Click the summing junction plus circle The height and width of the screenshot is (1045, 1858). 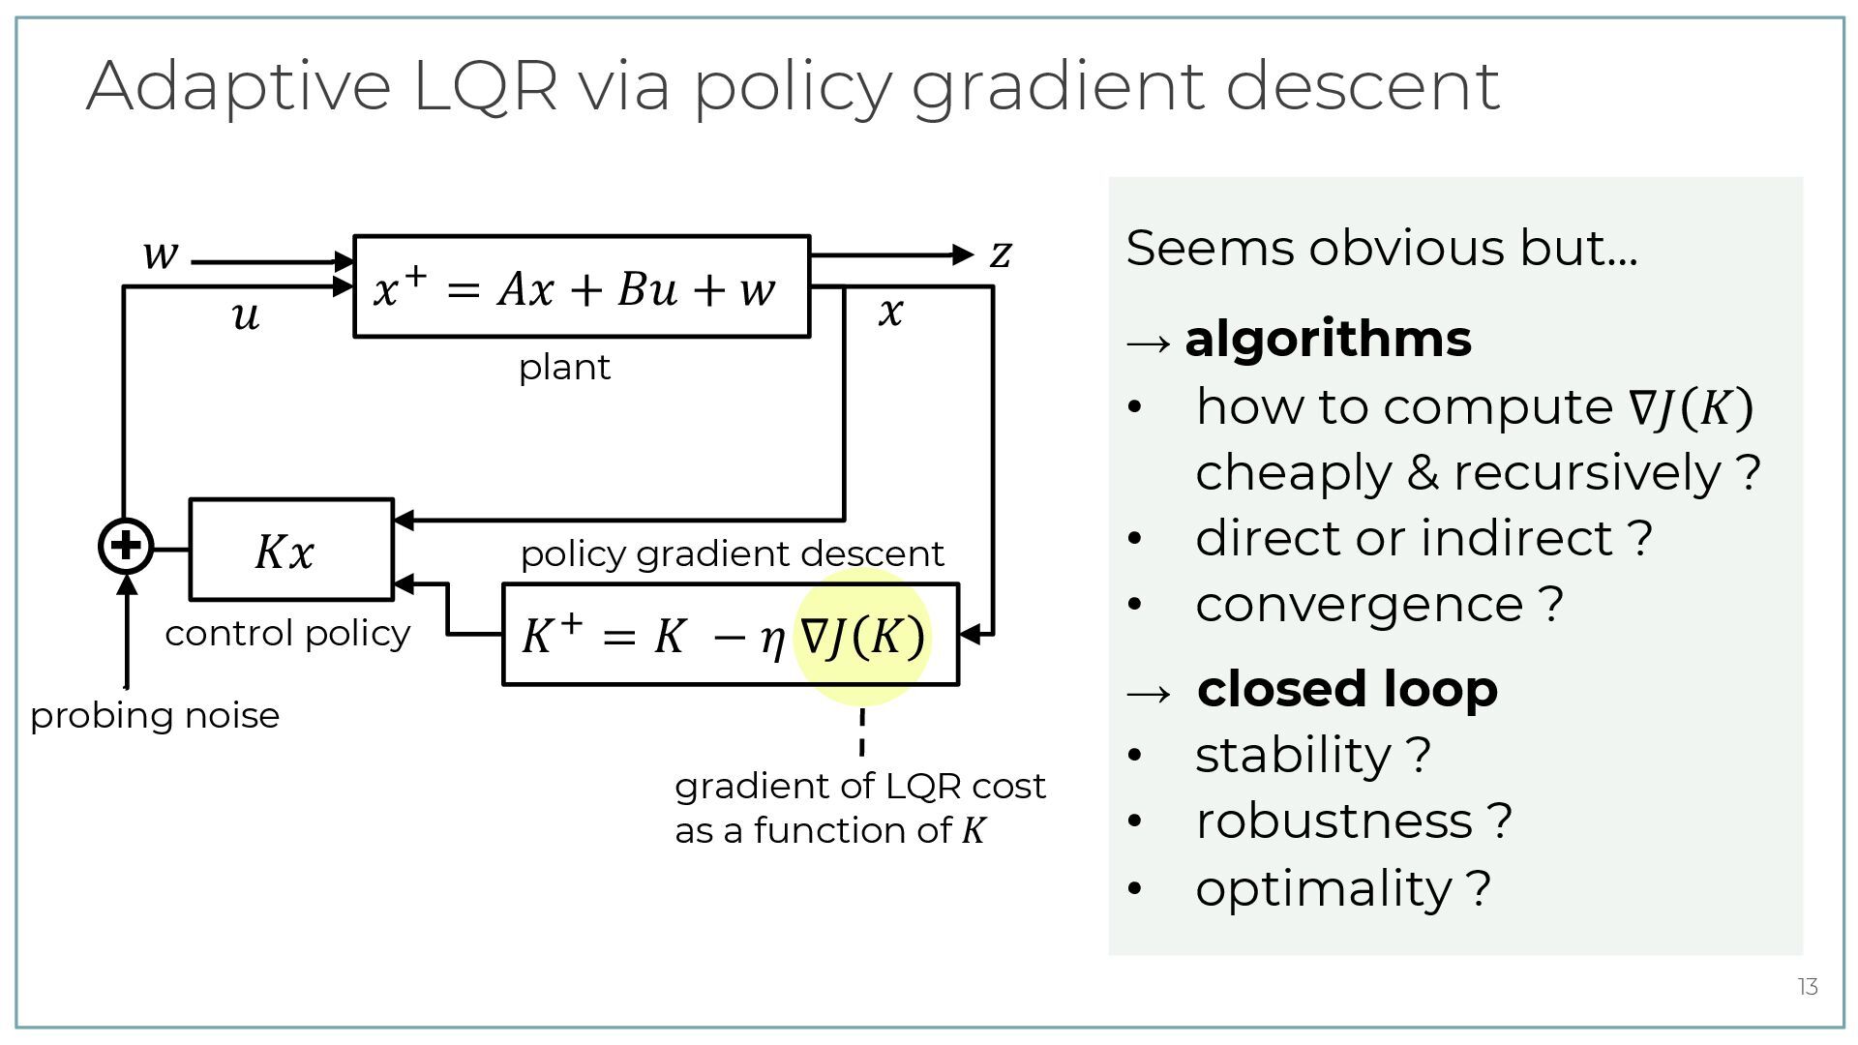click(126, 546)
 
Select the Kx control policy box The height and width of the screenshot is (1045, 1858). click(290, 550)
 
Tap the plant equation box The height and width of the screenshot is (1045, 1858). click(581, 286)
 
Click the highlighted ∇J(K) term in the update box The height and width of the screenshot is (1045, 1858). click(862, 637)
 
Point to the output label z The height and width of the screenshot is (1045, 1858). click(1001, 254)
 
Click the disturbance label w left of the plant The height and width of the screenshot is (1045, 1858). click(161, 254)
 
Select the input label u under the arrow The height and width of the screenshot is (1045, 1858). click(246, 315)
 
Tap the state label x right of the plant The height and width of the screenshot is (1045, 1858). click(890, 312)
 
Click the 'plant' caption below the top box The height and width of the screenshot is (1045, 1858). click(564, 368)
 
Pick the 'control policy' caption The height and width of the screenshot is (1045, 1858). click(287, 634)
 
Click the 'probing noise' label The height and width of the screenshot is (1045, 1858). click(155, 716)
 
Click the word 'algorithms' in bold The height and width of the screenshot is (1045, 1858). click(1328, 339)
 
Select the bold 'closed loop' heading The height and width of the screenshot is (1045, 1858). click(1347, 689)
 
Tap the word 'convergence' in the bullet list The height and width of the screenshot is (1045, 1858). click(1360, 605)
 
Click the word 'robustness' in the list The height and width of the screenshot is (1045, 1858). click(1334, 821)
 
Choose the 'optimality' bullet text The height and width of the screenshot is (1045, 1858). click(1324, 888)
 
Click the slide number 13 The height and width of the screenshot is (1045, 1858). click(1808, 987)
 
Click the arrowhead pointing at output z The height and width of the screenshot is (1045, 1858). click(963, 254)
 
